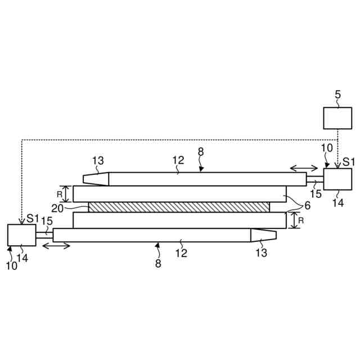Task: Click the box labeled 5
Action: tap(337, 118)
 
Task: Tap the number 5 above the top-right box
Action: tap(337, 95)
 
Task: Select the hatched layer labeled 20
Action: tap(179, 207)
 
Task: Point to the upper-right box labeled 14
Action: tap(338, 181)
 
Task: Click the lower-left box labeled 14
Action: tap(21, 234)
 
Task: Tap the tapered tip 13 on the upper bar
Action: tap(96, 178)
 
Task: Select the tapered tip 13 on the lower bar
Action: tap(264, 235)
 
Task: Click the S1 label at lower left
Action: tap(29, 217)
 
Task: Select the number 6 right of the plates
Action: tap(307, 206)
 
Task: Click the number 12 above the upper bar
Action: tap(178, 161)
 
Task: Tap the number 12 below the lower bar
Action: tap(181, 253)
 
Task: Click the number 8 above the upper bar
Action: tap(200, 151)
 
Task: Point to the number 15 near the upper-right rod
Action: tap(316, 195)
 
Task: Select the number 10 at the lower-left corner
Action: tap(11, 266)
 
